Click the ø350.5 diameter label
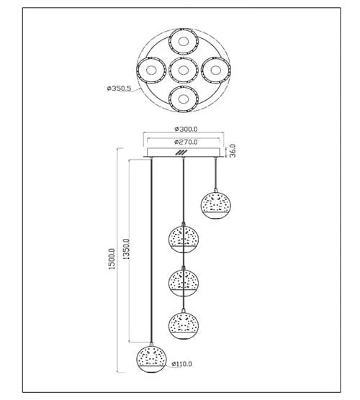(119, 88)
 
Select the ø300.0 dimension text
(186, 129)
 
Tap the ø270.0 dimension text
(186, 142)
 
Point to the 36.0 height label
(233, 151)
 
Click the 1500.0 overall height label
(112, 259)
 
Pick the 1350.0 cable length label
(127, 249)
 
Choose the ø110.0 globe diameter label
(181, 364)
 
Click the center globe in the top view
(184, 71)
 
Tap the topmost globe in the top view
(184, 42)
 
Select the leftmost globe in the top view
(151, 70)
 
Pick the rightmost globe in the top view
(216, 71)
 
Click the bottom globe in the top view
(184, 99)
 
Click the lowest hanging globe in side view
(151, 359)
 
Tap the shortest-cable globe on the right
(216, 204)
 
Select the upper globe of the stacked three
(184, 239)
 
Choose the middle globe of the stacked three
(184, 282)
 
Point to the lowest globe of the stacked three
(184, 325)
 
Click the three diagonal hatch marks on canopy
(181, 153)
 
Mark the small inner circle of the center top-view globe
(184, 71)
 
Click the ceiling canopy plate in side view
(184, 153)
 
